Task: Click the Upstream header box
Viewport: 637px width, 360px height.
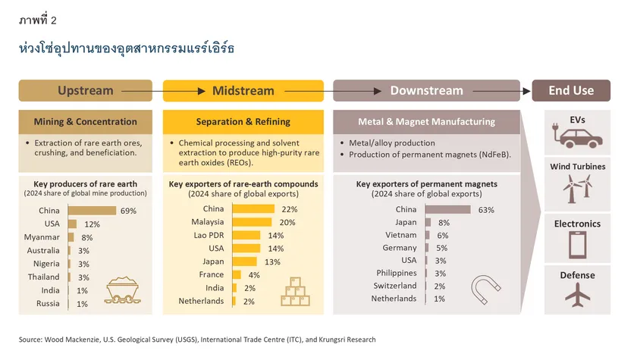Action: point(86,91)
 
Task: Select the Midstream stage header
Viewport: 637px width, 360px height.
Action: point(243,91)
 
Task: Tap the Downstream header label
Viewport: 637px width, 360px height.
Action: point(426,91)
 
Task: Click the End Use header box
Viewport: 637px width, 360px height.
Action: point(571,91)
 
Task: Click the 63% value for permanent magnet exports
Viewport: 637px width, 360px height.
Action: point(485,210)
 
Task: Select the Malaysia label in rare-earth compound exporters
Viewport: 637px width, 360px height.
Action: point(208,223)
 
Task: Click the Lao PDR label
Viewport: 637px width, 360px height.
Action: point(207,236)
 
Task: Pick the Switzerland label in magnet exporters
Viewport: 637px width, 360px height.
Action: point(394,286)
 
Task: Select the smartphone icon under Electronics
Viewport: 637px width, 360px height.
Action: point(577,245)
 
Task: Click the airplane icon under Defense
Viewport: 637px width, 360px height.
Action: point(577,295)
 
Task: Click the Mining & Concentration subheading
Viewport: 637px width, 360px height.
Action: point(86,122)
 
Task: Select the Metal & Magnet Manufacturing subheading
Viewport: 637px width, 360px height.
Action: point(426,121)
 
